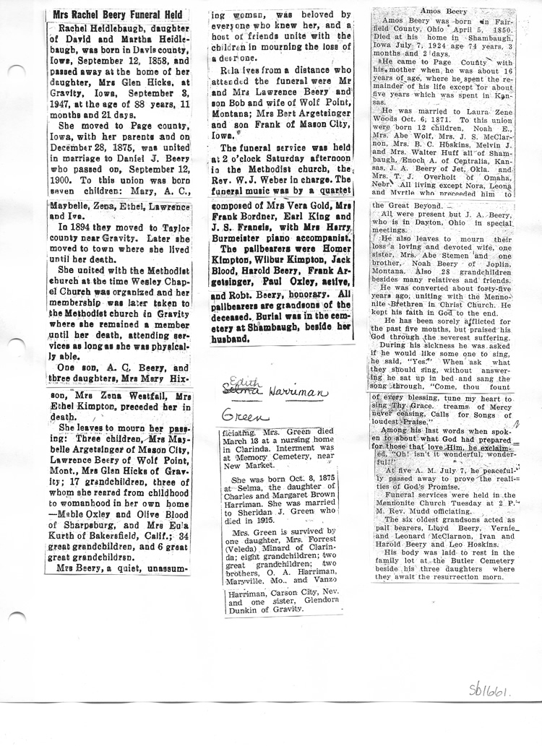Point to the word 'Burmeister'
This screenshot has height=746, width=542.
coord(241,236)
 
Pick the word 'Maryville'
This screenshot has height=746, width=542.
coord(242,581)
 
